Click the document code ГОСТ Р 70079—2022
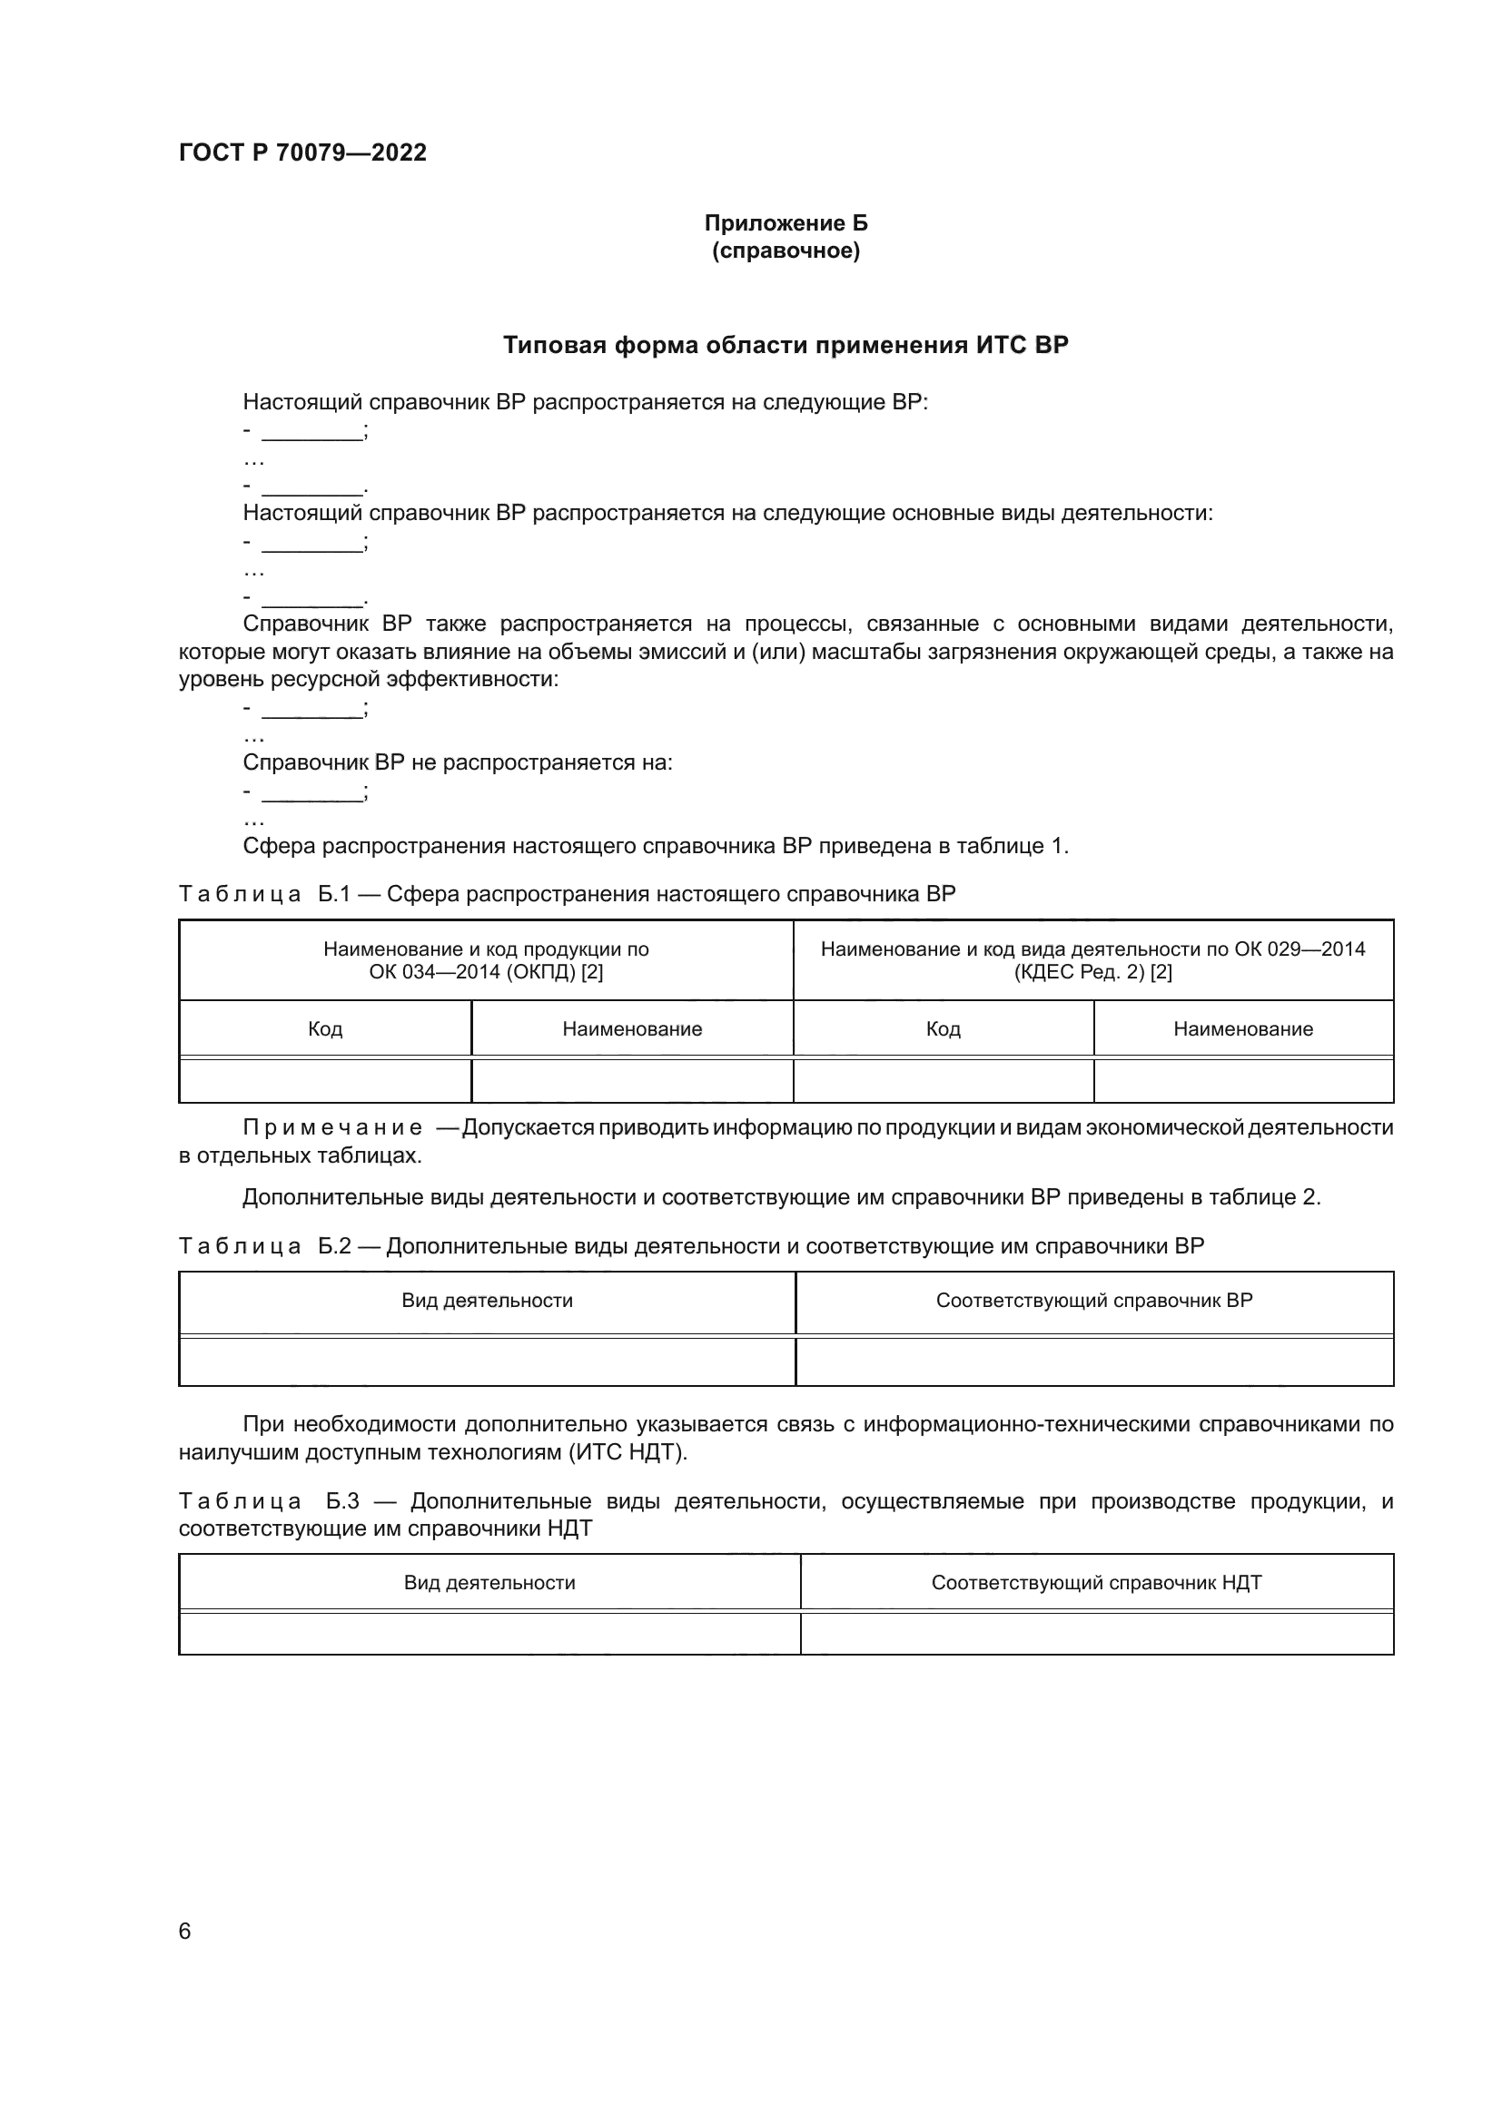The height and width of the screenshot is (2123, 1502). click(302, 152)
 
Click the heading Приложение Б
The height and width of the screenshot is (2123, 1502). click(786, 223)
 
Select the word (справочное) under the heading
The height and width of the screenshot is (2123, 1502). click(786, 251)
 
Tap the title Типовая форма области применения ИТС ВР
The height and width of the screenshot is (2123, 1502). click(786, 345)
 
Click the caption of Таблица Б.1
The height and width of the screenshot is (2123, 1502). click(566, 894)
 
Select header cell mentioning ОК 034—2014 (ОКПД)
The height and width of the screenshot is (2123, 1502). click(486, 959)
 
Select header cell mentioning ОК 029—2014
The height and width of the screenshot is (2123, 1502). click(1092, 959)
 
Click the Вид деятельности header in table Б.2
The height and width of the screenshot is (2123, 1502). click(487, 1301)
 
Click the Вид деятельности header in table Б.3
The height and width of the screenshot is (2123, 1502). click(489, 1583)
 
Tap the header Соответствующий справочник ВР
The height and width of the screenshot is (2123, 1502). click(1093, 1301)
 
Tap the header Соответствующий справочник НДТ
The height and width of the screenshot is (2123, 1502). click(1096, 1583)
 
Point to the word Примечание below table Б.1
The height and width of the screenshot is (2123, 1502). click(332, 1128)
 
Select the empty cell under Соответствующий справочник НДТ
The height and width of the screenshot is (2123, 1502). click(1096, 1634)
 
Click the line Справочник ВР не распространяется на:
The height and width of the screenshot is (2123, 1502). click(457, 762)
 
